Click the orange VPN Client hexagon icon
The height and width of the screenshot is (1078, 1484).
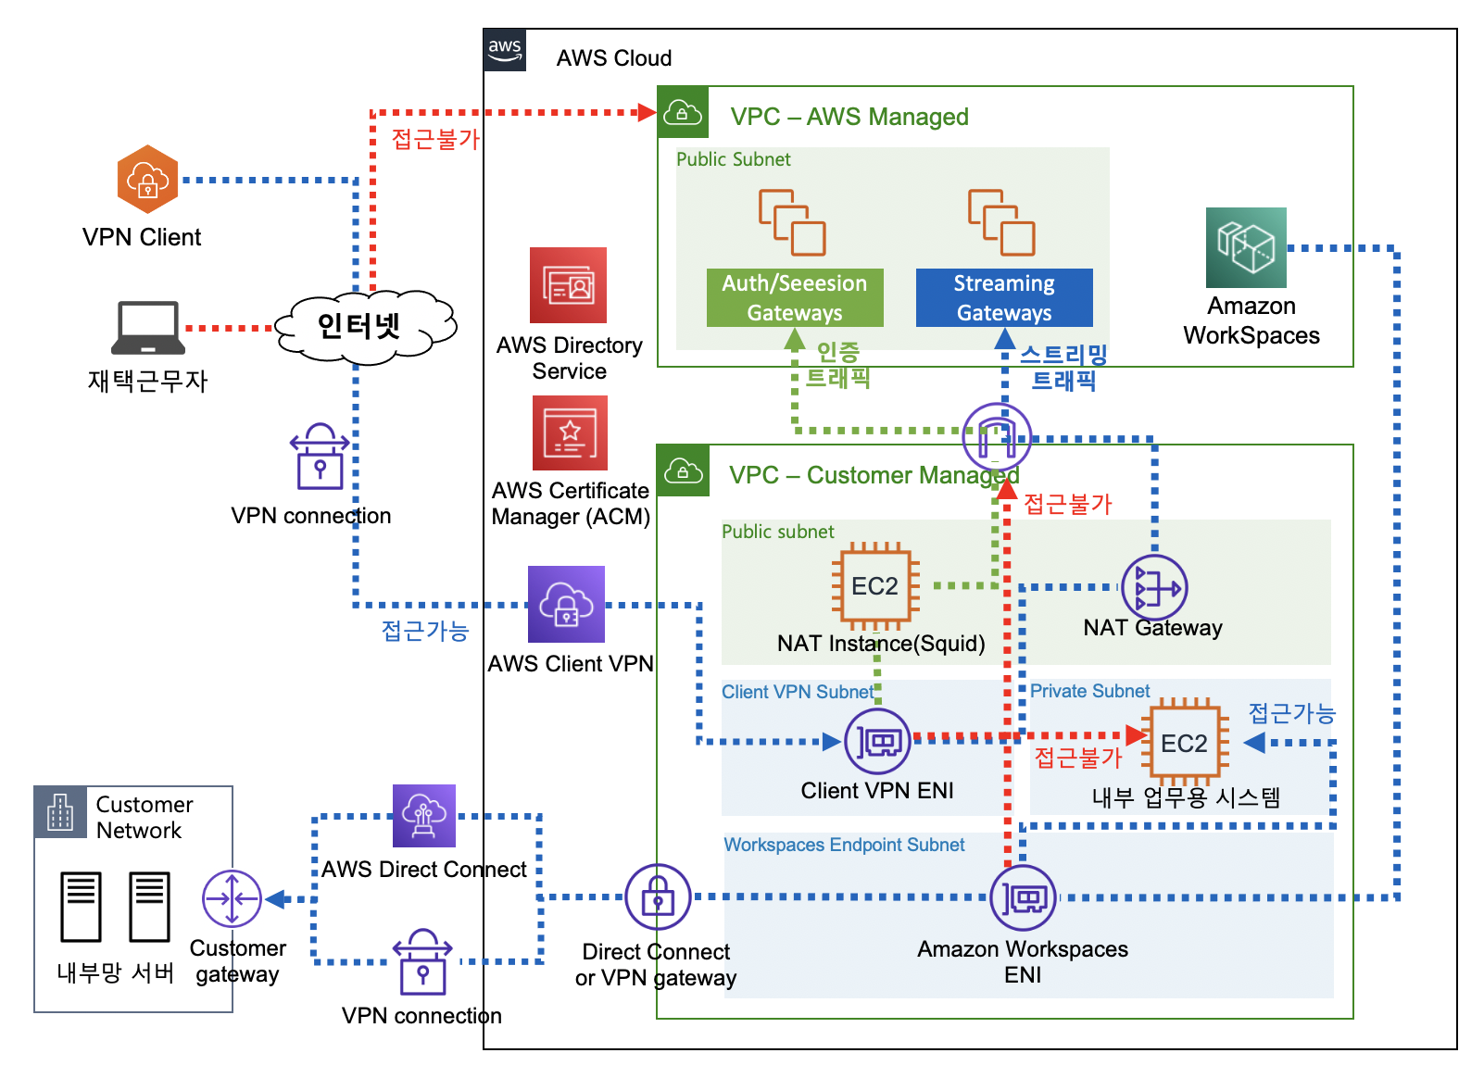(x=147, y=179)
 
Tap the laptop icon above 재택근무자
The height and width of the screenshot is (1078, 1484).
(x=147, y=327)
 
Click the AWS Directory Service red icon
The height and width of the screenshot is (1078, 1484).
(x=568, y=285)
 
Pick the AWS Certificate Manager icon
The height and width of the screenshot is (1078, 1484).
(x=570, y=432)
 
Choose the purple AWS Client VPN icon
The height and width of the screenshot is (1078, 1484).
(x=566, y=604)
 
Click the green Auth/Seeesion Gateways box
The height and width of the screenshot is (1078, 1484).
(x=795, y=297)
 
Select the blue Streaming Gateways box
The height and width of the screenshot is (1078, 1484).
(x=1004, y=297)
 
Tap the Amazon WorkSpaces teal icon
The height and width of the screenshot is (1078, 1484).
(x=1246, y=247)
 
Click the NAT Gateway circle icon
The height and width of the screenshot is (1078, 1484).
(x=1154, y=588)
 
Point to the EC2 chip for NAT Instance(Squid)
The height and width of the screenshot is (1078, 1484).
(x=875, y=586)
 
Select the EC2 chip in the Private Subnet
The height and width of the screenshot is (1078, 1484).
(x=1184, y=743)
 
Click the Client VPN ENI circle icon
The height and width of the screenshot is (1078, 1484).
(x=877, y=741)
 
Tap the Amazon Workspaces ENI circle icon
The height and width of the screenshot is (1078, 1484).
(x=1023, y=897)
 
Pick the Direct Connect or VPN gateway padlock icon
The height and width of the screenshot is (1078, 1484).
(x=658, y=896)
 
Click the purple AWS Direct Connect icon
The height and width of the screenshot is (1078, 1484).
(x=424, y=816)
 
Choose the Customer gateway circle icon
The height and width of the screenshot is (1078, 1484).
(x=232, y=898)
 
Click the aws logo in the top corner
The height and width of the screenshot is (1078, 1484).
(x=505, y=49)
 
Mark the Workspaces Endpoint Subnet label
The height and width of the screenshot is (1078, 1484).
(x=844, y=845)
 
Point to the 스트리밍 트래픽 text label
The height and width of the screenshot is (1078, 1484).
(x=1063, y=368)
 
